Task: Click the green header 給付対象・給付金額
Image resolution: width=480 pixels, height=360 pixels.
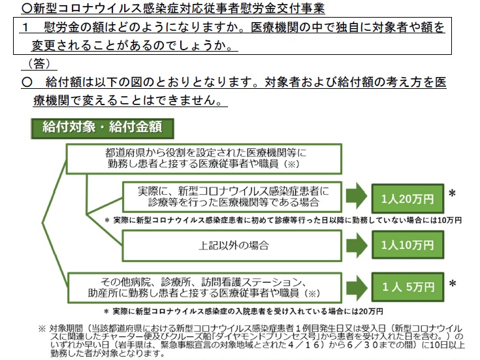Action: (x=97, y=125)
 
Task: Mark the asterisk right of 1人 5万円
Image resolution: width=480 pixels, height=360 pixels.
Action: (x=451, y=284)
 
